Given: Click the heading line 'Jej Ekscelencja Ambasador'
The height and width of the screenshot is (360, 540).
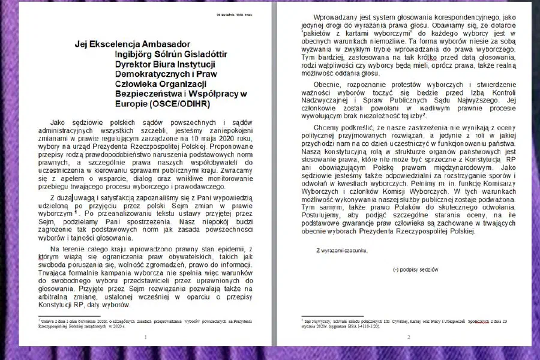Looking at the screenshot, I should click(x=132, y=44).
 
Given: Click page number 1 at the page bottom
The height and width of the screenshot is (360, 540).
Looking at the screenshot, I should click(x=146, y=337).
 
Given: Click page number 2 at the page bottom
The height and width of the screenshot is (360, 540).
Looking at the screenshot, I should click(x=408, y=337).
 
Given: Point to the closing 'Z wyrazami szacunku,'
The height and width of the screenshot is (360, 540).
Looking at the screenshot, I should click(x=342, y=250).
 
